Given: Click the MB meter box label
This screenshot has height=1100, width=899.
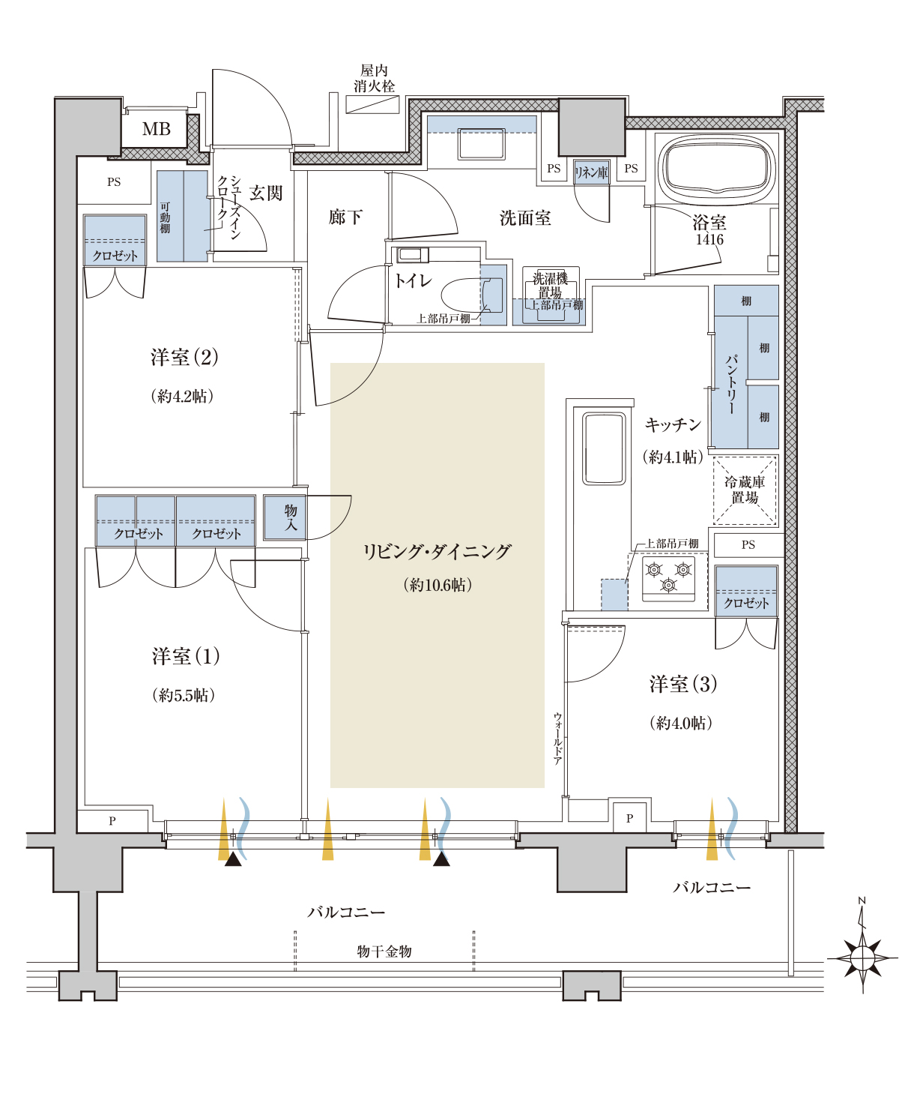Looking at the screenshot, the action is pos(157,129).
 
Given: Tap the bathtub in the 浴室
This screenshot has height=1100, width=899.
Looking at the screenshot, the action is pos(716,166).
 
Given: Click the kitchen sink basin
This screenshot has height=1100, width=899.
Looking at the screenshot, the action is pos(604,448).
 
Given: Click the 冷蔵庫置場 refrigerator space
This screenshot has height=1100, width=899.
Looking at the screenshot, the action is pos(745,490).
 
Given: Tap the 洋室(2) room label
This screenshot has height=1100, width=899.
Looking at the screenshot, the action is pos(184,357).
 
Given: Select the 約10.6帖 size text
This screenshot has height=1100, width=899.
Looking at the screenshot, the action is pos(438,585).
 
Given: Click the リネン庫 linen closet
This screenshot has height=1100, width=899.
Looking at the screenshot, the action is pos(591,172).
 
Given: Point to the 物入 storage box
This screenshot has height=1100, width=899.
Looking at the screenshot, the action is pos(285,517).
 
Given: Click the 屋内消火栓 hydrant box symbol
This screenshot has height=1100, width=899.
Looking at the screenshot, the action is pos(372,103).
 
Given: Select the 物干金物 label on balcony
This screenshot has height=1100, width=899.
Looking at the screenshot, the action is pos(384,952).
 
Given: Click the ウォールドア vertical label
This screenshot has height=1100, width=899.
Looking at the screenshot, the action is pos(557,739).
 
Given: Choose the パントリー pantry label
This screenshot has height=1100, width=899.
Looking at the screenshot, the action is pos(731,384).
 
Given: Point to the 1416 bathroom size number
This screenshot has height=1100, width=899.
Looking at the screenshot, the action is pos(709,239).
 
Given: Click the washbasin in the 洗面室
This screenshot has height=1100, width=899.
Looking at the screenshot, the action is pos(481,144).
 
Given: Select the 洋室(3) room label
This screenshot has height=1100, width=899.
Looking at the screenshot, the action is pos(683,684).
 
